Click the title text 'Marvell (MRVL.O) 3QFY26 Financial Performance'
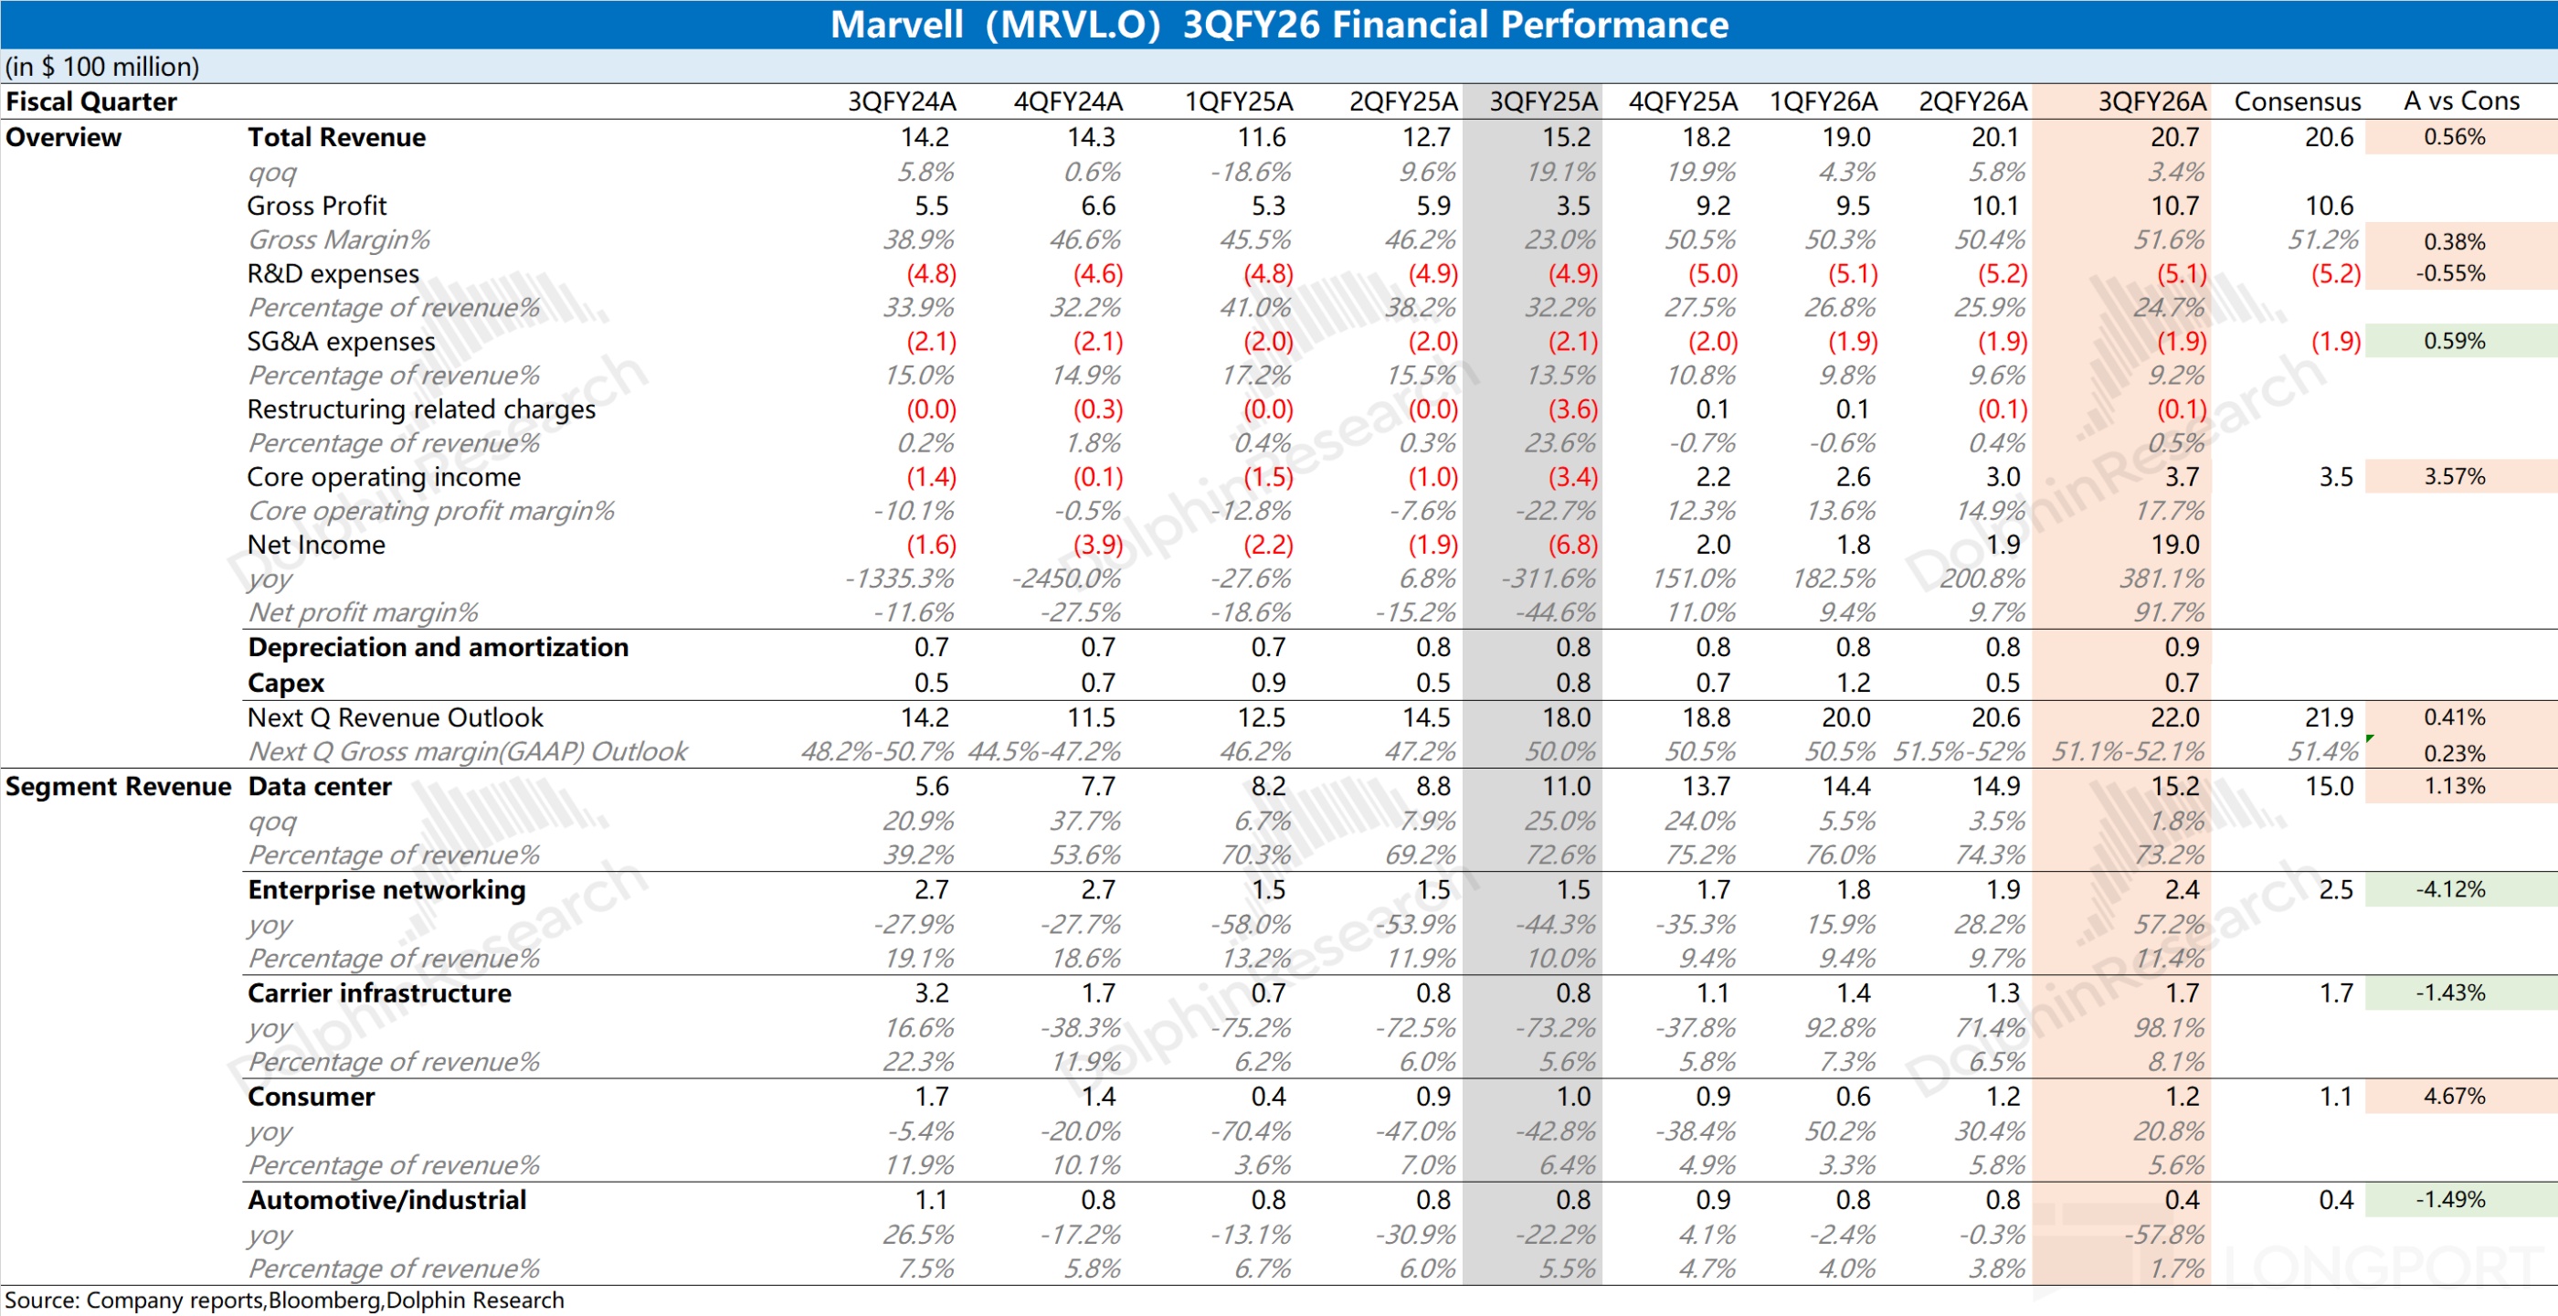pos(1278,24)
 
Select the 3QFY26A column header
pos(2151,101)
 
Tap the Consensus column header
pos(2297,101)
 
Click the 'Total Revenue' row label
pos(336,137)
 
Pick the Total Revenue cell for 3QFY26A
pos(2174,137)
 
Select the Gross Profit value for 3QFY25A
pos(1572,206)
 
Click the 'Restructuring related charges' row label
pos(421,409)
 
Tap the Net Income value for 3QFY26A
pos(2174,545)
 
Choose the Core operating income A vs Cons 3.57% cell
pos(2454,477)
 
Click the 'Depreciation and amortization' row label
pos(438,648)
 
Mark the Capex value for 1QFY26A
pos(1852,684)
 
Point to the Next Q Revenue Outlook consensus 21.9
pos(2329,717)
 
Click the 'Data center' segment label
pos(320,787)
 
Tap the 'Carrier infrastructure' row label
pos(379,993)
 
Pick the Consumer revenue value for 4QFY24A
pos(1097,1097)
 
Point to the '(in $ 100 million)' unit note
pos(102,67)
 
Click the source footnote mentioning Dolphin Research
pos(284,1300)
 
